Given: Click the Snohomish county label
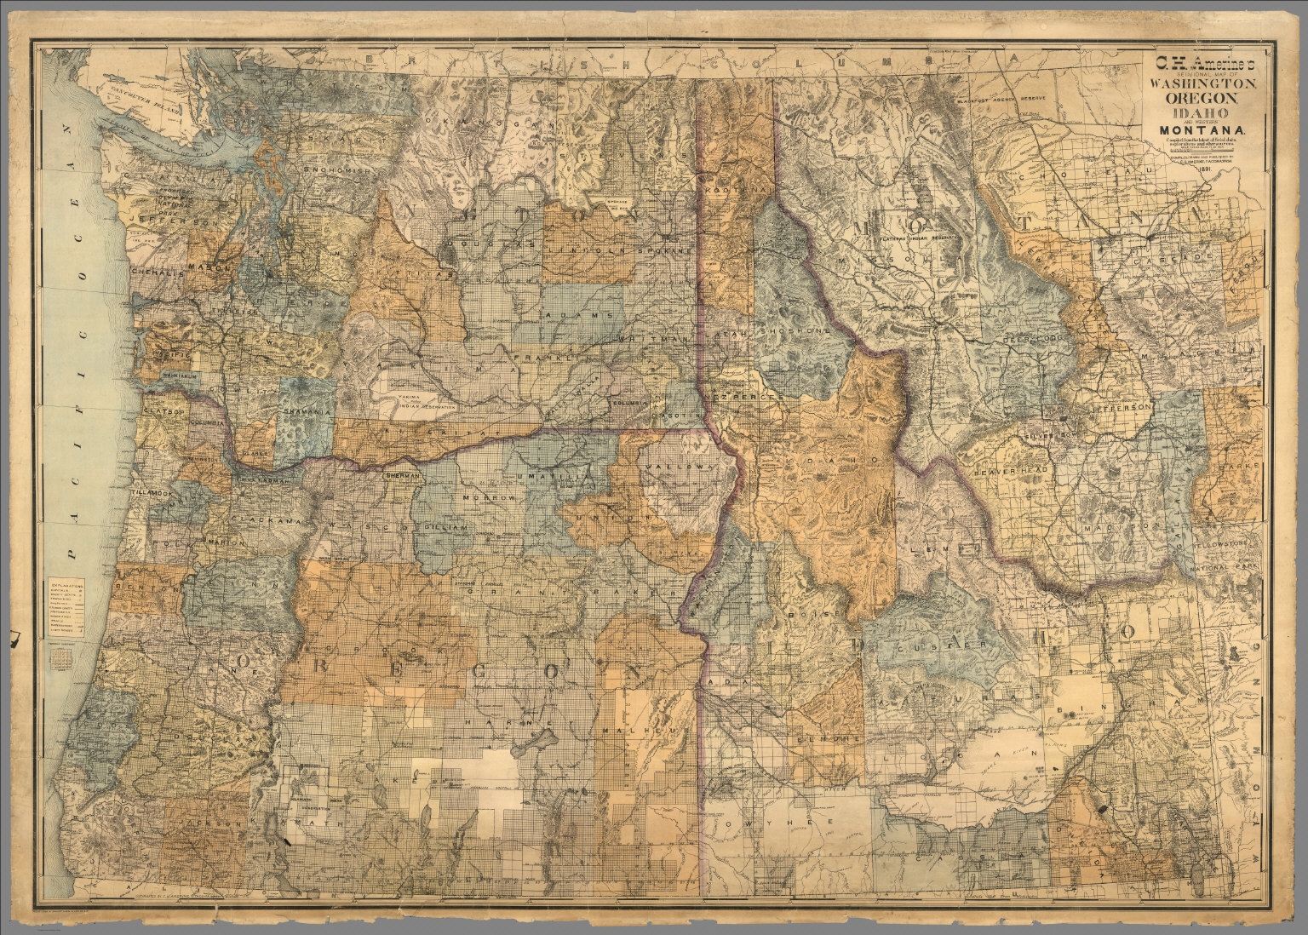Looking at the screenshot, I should [x=340, y=170].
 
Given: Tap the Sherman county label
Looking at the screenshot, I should [x=403, y=474].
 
